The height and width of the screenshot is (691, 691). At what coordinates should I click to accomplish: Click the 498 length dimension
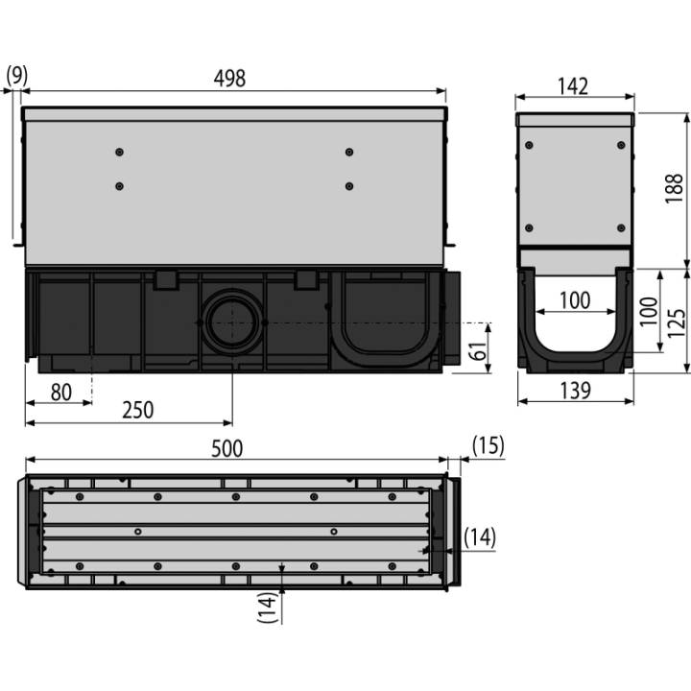(x=229, y=79)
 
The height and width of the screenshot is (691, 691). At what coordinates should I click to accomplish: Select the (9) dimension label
(x=16, y=76)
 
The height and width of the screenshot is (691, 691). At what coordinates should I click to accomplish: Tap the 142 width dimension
(x=573, y=86)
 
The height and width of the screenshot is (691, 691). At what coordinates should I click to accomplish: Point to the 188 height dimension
(x=674, y=189)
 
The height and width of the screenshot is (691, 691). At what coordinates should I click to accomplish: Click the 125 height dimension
(x=677, y=323)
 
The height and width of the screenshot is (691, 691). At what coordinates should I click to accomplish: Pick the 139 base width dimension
(x=575, y=391)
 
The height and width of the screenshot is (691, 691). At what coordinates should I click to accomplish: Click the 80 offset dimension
(x=61, y=393)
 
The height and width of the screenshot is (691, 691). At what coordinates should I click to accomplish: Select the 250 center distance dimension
(x=138, y=410)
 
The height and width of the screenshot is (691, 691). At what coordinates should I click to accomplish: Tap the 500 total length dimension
(x=226, y=448)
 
